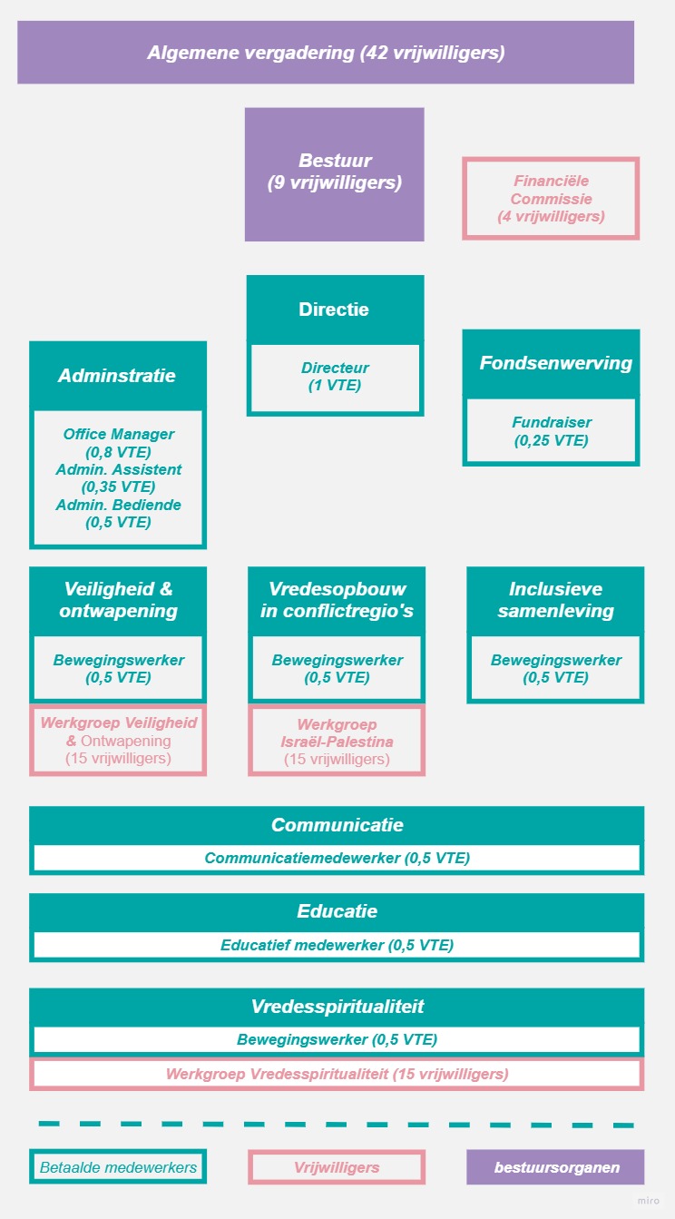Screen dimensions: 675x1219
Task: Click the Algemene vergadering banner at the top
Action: [x=326, y=53]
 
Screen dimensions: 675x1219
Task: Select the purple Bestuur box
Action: [x=335, y=174]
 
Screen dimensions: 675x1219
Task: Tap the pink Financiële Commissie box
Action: [x=551, y=199]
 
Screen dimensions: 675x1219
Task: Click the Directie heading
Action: [x=334, y=310]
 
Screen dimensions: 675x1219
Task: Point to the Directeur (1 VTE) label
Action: [x=335, y=377]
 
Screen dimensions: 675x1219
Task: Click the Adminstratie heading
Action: [x=117, y=376]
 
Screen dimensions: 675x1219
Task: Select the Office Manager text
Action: [x=119, y=434]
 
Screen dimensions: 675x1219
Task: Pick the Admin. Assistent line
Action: [x=119, y=469]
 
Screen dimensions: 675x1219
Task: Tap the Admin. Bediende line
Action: [x=119, y=505]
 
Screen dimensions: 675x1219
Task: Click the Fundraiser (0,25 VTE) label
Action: [x=552, y=431]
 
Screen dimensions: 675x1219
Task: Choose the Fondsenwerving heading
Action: [x=556, y=363]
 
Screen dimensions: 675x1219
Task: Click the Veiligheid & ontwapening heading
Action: [x=118, y=600]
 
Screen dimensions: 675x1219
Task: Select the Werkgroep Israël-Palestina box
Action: [x=337, y=741]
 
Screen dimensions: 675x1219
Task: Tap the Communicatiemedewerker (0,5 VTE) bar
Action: [x=337, y=858]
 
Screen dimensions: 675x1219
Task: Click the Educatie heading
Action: [x=337, y=911]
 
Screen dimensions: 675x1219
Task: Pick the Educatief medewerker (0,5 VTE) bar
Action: [x=337, y=945]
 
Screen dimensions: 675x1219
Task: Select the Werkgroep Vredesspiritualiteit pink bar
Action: [x=337, y=1075]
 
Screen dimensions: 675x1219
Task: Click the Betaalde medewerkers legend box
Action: [x=118, y=1167]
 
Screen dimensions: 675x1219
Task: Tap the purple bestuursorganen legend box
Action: [x=555, y=1167]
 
